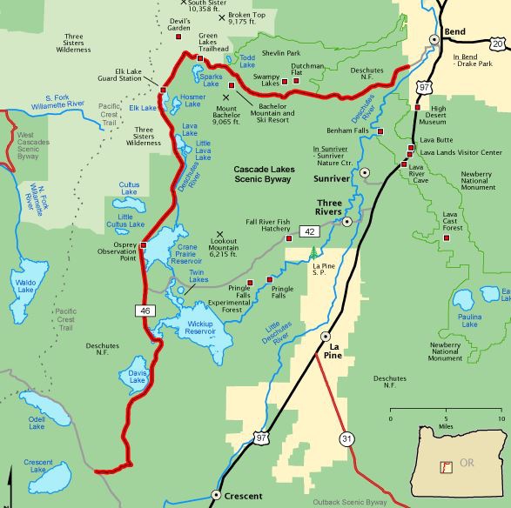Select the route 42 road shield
point(309,231)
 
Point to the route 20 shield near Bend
point(496,43)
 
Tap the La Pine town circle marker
point(326,336)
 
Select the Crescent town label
point(244,497)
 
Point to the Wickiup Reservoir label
point(206,329)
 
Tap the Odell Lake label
point(36,423)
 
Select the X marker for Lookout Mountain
point(219,233)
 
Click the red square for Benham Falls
point(380,131)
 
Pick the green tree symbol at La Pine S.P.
point(313,253)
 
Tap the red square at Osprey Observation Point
point(143,245)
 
